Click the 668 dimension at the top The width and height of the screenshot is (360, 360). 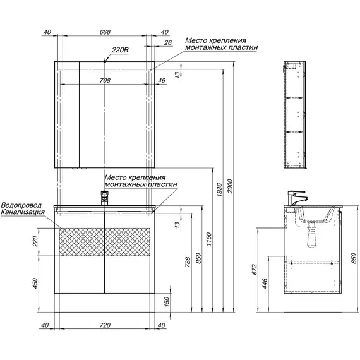pyautogui.click(x=105, y=32)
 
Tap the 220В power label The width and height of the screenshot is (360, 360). pyautogui.click(x=120, y=50)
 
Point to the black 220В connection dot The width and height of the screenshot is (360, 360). pyautogui.click(x=105, y=61)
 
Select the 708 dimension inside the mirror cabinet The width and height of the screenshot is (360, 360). pyautogui.click(x=105, y=80)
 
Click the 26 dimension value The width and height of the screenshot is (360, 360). pyautogui.click(x=168, y=42)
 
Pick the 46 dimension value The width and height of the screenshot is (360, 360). pyautogui.click(x=162, y=80)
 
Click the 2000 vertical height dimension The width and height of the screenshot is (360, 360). pyautogui.click(x=230, y=186)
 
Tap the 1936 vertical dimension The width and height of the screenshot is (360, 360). pyautogui.click(x=220, y=190)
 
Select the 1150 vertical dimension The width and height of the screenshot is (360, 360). pyautogui.click(x=208, y=239)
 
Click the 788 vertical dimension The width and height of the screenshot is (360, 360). pyautogui.click(x=188, y=262)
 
